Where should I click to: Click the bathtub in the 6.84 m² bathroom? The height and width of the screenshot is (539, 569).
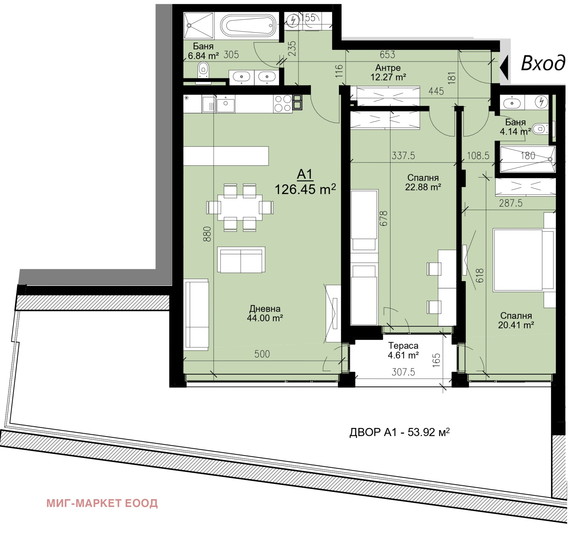(248, 26)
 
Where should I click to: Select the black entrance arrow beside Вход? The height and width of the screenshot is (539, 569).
(504, 67)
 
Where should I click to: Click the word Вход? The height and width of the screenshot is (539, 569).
(542, 63)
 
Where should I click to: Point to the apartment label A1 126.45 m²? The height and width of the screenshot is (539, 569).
(305, 183)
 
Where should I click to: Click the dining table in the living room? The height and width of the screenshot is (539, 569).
(240, 208)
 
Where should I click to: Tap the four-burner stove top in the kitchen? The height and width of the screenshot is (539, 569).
(283, 104)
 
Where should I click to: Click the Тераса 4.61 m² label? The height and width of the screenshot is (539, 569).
(403, 350)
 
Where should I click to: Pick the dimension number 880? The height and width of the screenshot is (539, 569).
(207, 234)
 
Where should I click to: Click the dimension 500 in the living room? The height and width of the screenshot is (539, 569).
(262, 354)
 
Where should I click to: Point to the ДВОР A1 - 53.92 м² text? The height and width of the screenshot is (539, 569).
(399, 432)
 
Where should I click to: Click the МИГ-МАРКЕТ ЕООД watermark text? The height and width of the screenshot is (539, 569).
(102, 503)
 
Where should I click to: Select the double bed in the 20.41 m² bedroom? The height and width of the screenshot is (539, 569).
(523, 260)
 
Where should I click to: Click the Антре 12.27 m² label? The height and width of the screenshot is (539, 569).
(388, 72)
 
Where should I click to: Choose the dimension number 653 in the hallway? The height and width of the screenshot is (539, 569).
(387, 54)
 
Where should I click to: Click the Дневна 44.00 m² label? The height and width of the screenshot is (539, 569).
(265, 313)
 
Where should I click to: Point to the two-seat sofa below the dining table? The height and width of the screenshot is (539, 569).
(241, 260)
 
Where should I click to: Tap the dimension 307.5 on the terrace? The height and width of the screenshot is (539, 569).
(403, 372)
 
